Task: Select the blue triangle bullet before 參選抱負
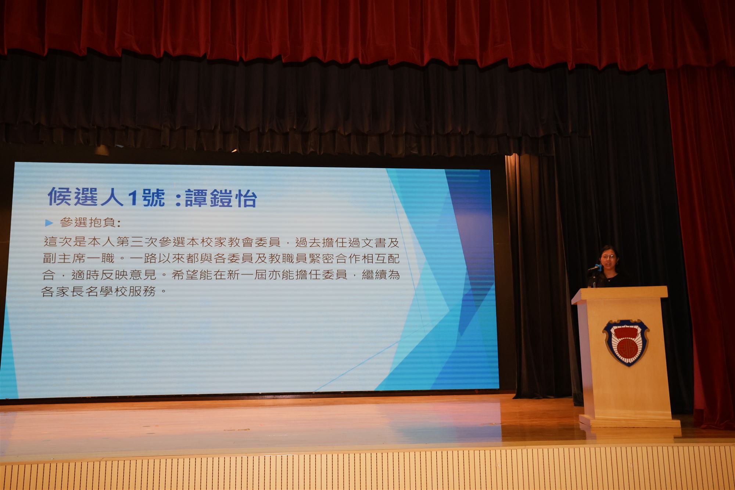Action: [x=49, y=223]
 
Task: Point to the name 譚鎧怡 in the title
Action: [x=220, y=198]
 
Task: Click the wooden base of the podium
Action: [x=630, y=421]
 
